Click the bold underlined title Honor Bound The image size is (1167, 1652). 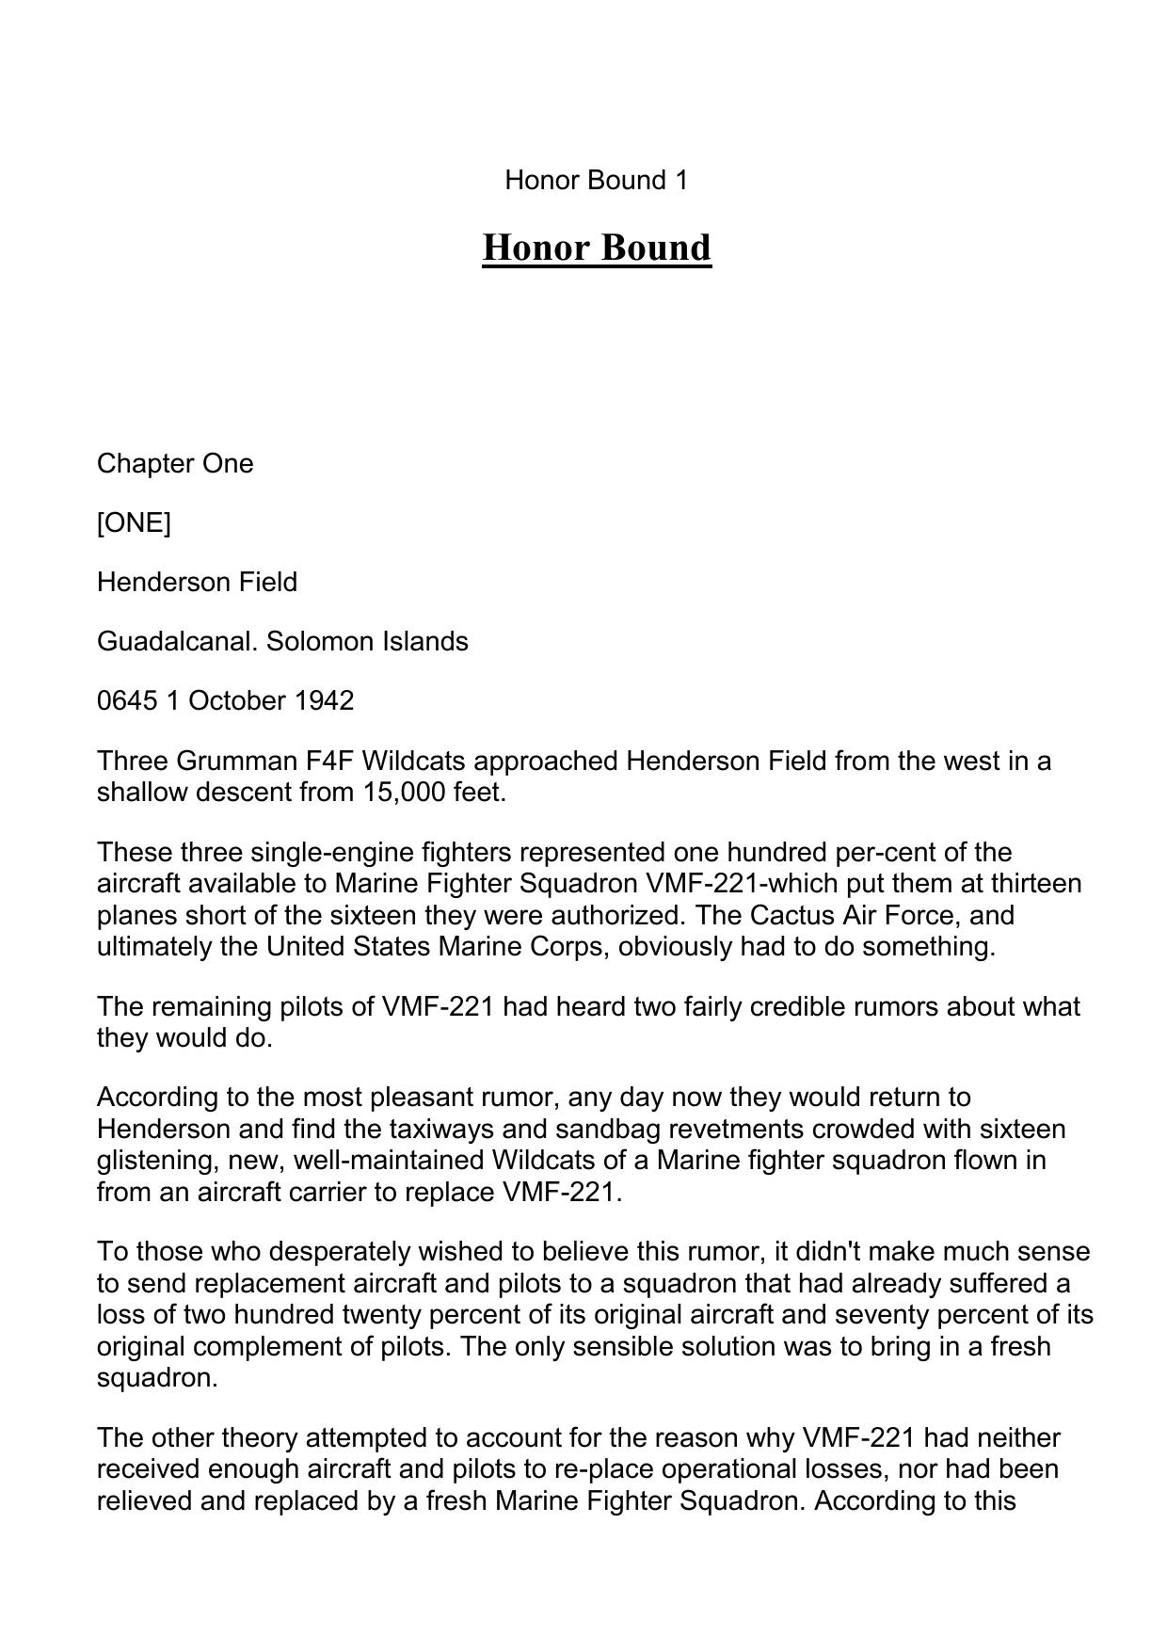[x=597, y=248]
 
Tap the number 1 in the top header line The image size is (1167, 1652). [x=680, y=180]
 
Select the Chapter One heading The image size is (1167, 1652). [x=175, y=463]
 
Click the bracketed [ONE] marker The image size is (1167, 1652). [x=134, y=522]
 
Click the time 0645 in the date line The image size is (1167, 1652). [x=127, y=700]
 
